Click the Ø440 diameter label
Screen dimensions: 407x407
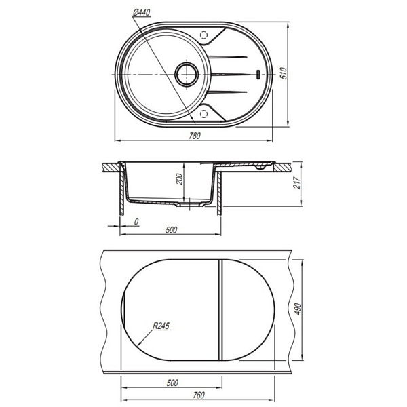(x=142, y=12)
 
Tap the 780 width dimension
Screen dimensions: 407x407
(x=195, y=136)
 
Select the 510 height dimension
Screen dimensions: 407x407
(x=284, y=73)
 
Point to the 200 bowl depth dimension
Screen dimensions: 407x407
(x=179, y=179)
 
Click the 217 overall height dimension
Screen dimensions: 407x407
(x=296, y=182)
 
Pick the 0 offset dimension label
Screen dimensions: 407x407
(x=136, y=222)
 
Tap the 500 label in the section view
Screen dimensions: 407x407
(x=172, y=230)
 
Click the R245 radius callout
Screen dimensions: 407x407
(x=161, y=326)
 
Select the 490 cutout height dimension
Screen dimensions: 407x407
(x=298, y=309)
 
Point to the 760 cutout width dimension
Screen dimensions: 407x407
(x=199, y=395)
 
